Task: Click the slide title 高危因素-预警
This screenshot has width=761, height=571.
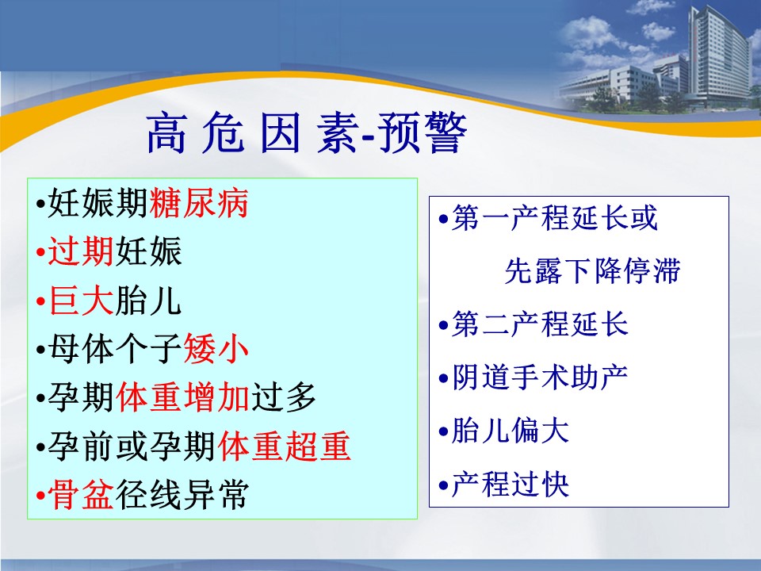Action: pos(306,132)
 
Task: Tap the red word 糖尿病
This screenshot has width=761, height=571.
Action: pos(200,202)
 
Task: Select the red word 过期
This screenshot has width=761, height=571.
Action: pos(81,251)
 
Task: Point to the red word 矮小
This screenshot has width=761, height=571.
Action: pos(216,349)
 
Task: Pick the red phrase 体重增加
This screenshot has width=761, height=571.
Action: pos(183,397)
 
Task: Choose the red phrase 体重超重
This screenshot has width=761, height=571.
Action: pos(284,446)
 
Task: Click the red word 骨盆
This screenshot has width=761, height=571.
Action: pos(81,494)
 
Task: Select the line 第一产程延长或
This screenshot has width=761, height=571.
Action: pos(555,217)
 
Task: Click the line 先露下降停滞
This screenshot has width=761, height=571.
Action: pos(593,270)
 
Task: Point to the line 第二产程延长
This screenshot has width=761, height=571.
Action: pos(540,324)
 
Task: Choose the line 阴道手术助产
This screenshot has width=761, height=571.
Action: pos(540,377)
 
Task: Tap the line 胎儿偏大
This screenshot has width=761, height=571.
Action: pos(510,431)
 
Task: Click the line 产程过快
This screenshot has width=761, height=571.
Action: pos(510,484)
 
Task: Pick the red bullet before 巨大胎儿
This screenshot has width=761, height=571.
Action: pos(40,302)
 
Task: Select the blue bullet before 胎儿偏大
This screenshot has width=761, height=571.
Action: pos(443,431)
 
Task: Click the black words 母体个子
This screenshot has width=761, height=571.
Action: pos(115,349)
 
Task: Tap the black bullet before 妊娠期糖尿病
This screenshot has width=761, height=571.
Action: pos(40,204)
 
